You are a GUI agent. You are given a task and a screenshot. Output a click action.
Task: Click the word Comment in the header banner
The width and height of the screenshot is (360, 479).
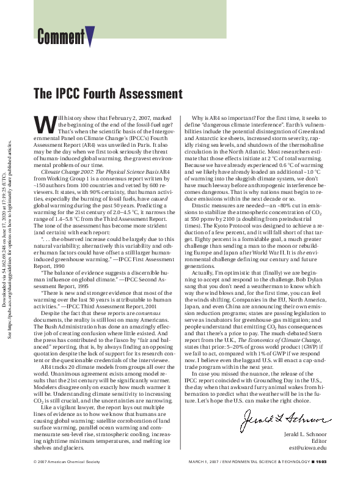tap(61, 37)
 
